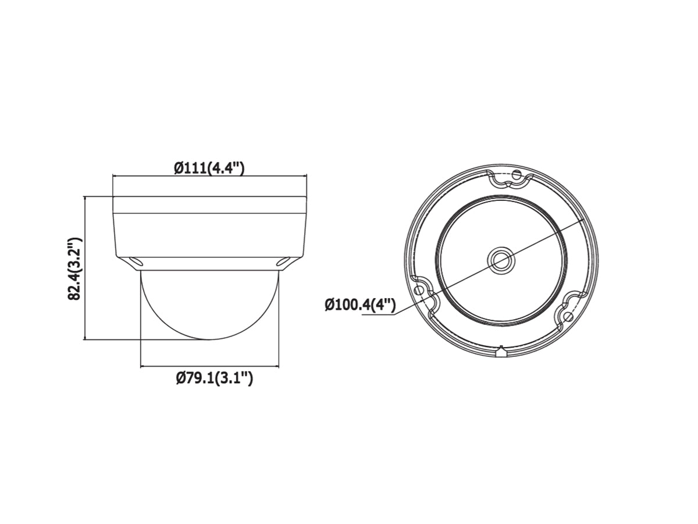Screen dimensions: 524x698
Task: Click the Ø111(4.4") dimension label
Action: tap(209, 168)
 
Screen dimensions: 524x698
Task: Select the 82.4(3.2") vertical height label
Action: tap(74, 268)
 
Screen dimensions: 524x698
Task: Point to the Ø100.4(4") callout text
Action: tap(361, 305)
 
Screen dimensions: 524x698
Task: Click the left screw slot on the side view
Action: tap(135, 263)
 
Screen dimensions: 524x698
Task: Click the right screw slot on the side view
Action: tap(283, 263)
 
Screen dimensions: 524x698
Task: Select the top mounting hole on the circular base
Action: tap(516, 174)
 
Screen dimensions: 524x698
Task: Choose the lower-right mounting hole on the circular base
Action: tap(568, 316)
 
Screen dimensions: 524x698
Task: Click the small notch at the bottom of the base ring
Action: tap(501, 351)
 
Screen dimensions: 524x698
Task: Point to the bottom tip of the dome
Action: tap(209, 339)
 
